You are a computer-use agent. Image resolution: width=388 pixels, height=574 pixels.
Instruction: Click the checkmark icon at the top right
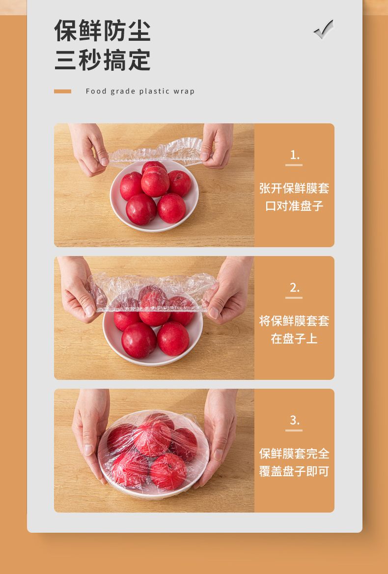tap(324, 29)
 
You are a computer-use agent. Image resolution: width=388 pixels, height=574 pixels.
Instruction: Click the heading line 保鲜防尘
tap(102, 31)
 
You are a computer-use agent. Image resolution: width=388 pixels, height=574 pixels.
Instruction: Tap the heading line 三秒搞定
tap(102, 60)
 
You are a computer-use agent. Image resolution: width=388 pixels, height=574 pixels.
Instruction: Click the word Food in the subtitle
tap(96, 91)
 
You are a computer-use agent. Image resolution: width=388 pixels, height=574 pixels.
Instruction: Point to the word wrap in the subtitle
tap(184, 91)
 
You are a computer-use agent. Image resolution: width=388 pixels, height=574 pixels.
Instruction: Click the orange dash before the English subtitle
tap(62, 91)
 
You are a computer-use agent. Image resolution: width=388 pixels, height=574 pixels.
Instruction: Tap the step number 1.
tap(294, 155)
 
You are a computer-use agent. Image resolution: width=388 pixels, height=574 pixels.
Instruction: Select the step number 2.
tap(294, 287)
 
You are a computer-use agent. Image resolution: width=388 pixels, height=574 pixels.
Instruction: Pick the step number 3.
tap(294, 420)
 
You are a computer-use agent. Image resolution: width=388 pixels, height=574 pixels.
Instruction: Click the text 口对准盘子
tap(294, 206)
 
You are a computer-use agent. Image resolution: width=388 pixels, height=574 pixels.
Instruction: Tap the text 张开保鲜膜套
tap(294, 189)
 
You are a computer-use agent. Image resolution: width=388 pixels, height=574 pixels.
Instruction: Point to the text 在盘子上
tap(294, 339)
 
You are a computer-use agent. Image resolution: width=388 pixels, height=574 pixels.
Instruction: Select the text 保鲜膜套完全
tap(294, 454)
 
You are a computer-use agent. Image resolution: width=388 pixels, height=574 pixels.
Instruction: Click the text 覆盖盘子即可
tap(294, 471)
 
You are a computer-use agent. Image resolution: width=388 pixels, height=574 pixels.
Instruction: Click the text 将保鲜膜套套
tap(294, 321)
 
